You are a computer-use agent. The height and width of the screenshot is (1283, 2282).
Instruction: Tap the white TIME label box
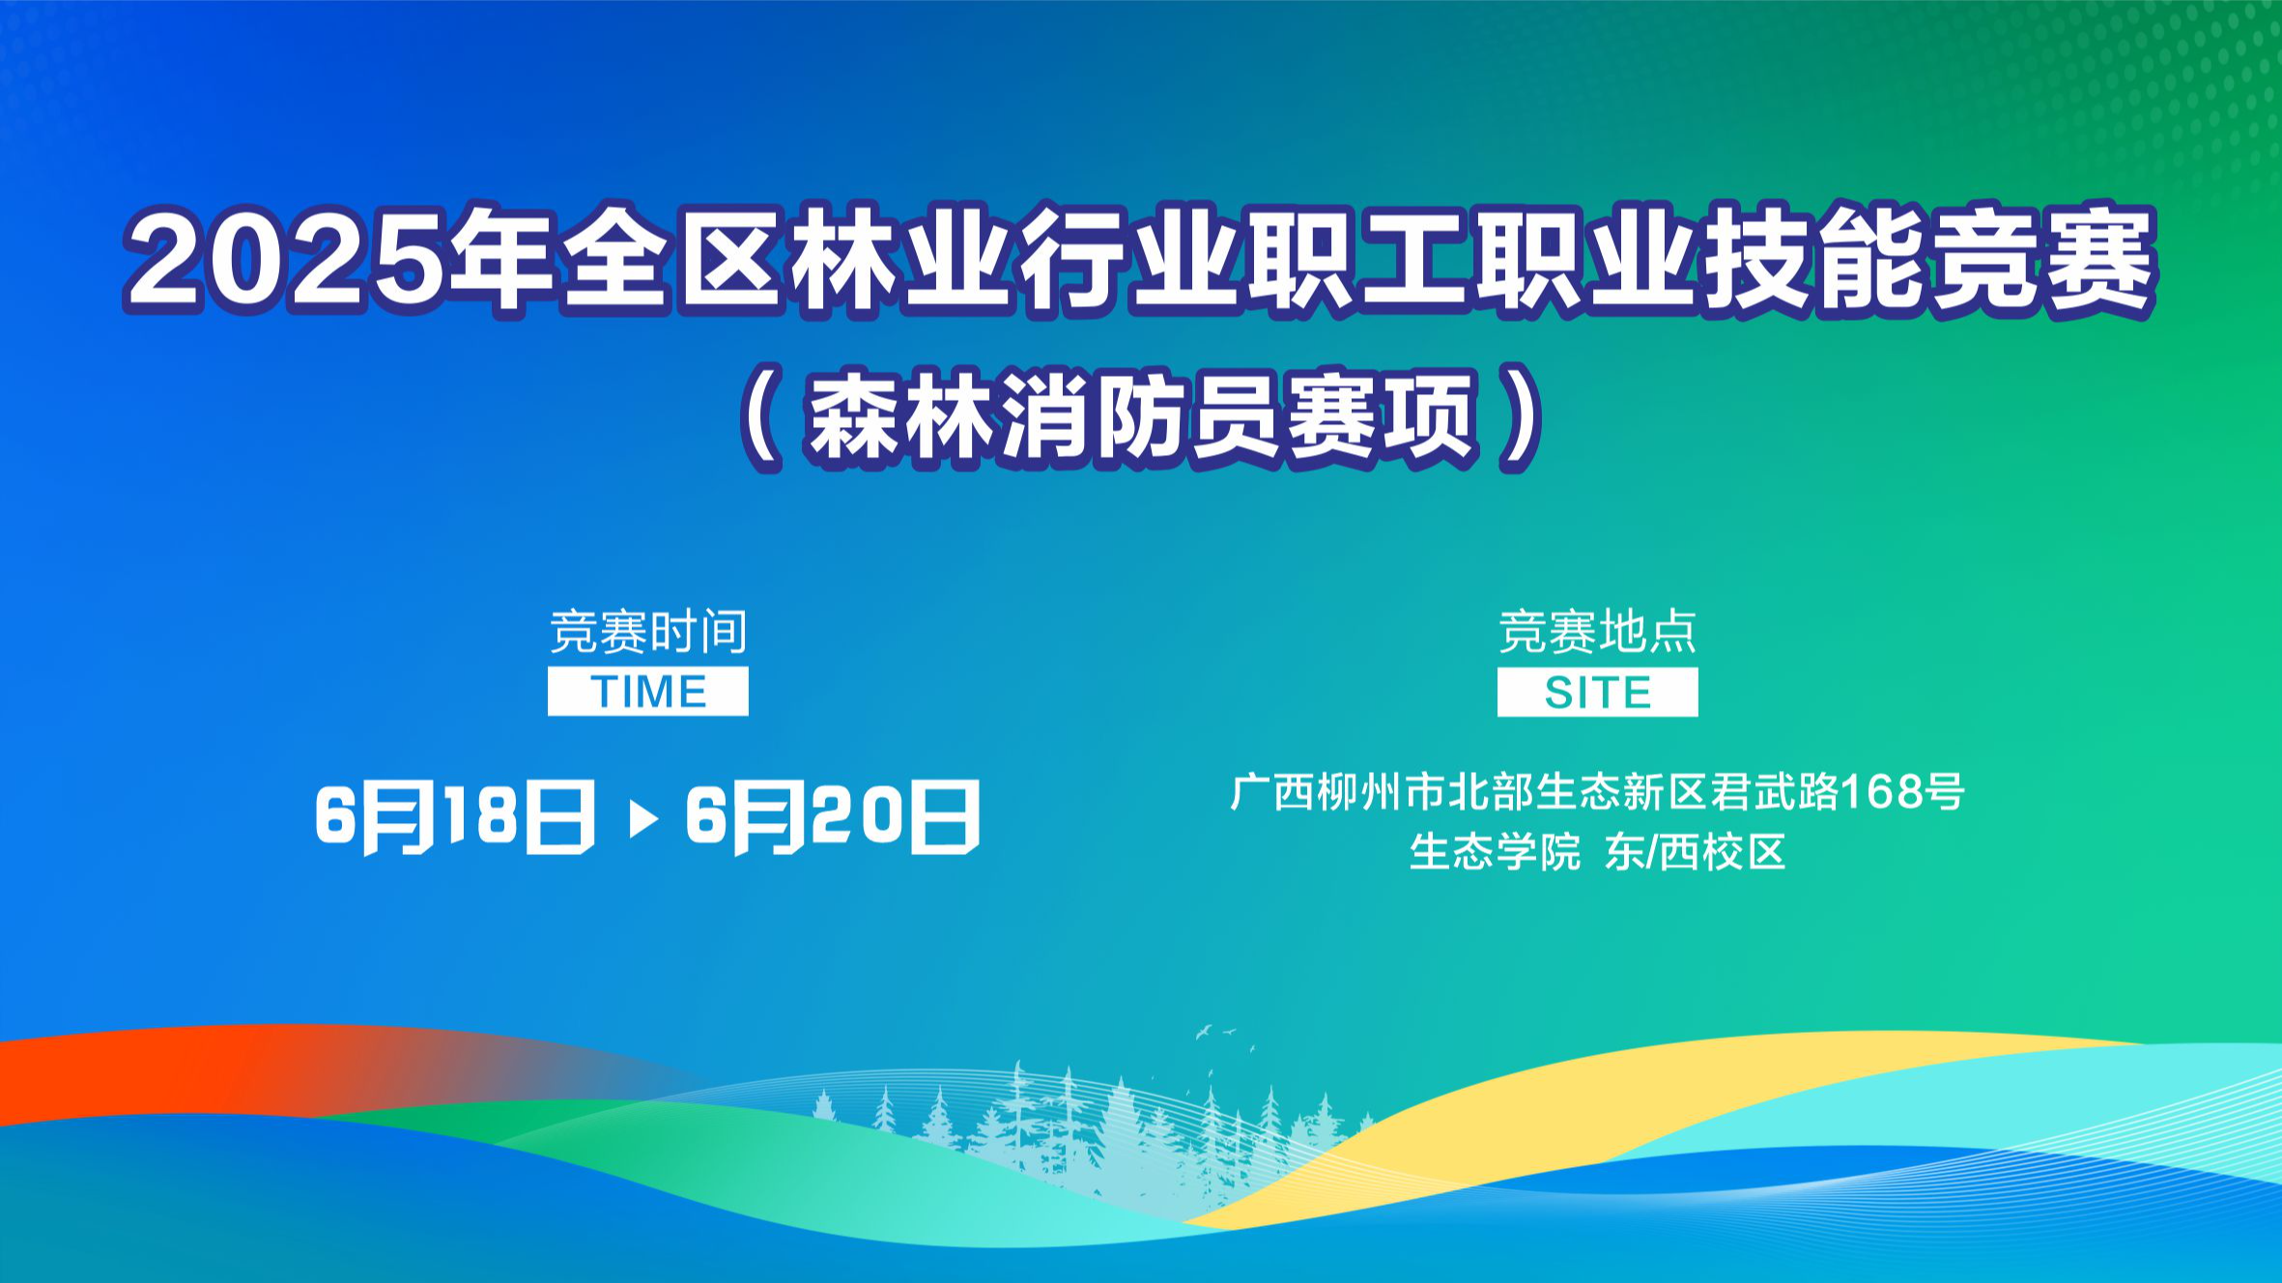pos(648,692)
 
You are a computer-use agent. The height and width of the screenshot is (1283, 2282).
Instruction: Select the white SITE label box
pos(1597,693)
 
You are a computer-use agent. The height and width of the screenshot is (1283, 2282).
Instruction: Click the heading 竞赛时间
pos(648,632)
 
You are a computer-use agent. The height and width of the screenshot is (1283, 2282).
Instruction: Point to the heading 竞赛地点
pos(1597,632)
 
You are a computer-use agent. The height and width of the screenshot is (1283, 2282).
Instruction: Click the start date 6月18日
pos(455,817)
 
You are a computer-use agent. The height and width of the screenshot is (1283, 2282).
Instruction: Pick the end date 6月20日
pos(833,817)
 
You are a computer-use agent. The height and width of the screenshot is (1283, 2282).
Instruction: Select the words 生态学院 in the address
pos(1495,852)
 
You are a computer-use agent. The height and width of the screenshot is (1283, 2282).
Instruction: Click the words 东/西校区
pos(1695,852)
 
